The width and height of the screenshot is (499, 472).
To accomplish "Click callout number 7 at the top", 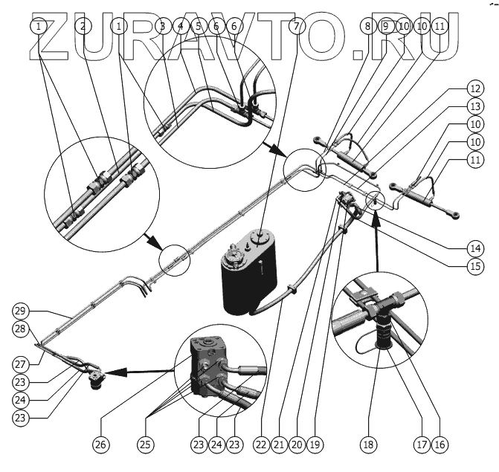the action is pos(297,26).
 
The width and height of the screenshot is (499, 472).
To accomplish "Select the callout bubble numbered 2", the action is pos(83,26).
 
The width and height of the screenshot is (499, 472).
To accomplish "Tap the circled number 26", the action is pos(100,445).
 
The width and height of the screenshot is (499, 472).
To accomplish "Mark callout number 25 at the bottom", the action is pos(145,445).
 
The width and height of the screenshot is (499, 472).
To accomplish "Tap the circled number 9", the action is pos(386,26).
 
